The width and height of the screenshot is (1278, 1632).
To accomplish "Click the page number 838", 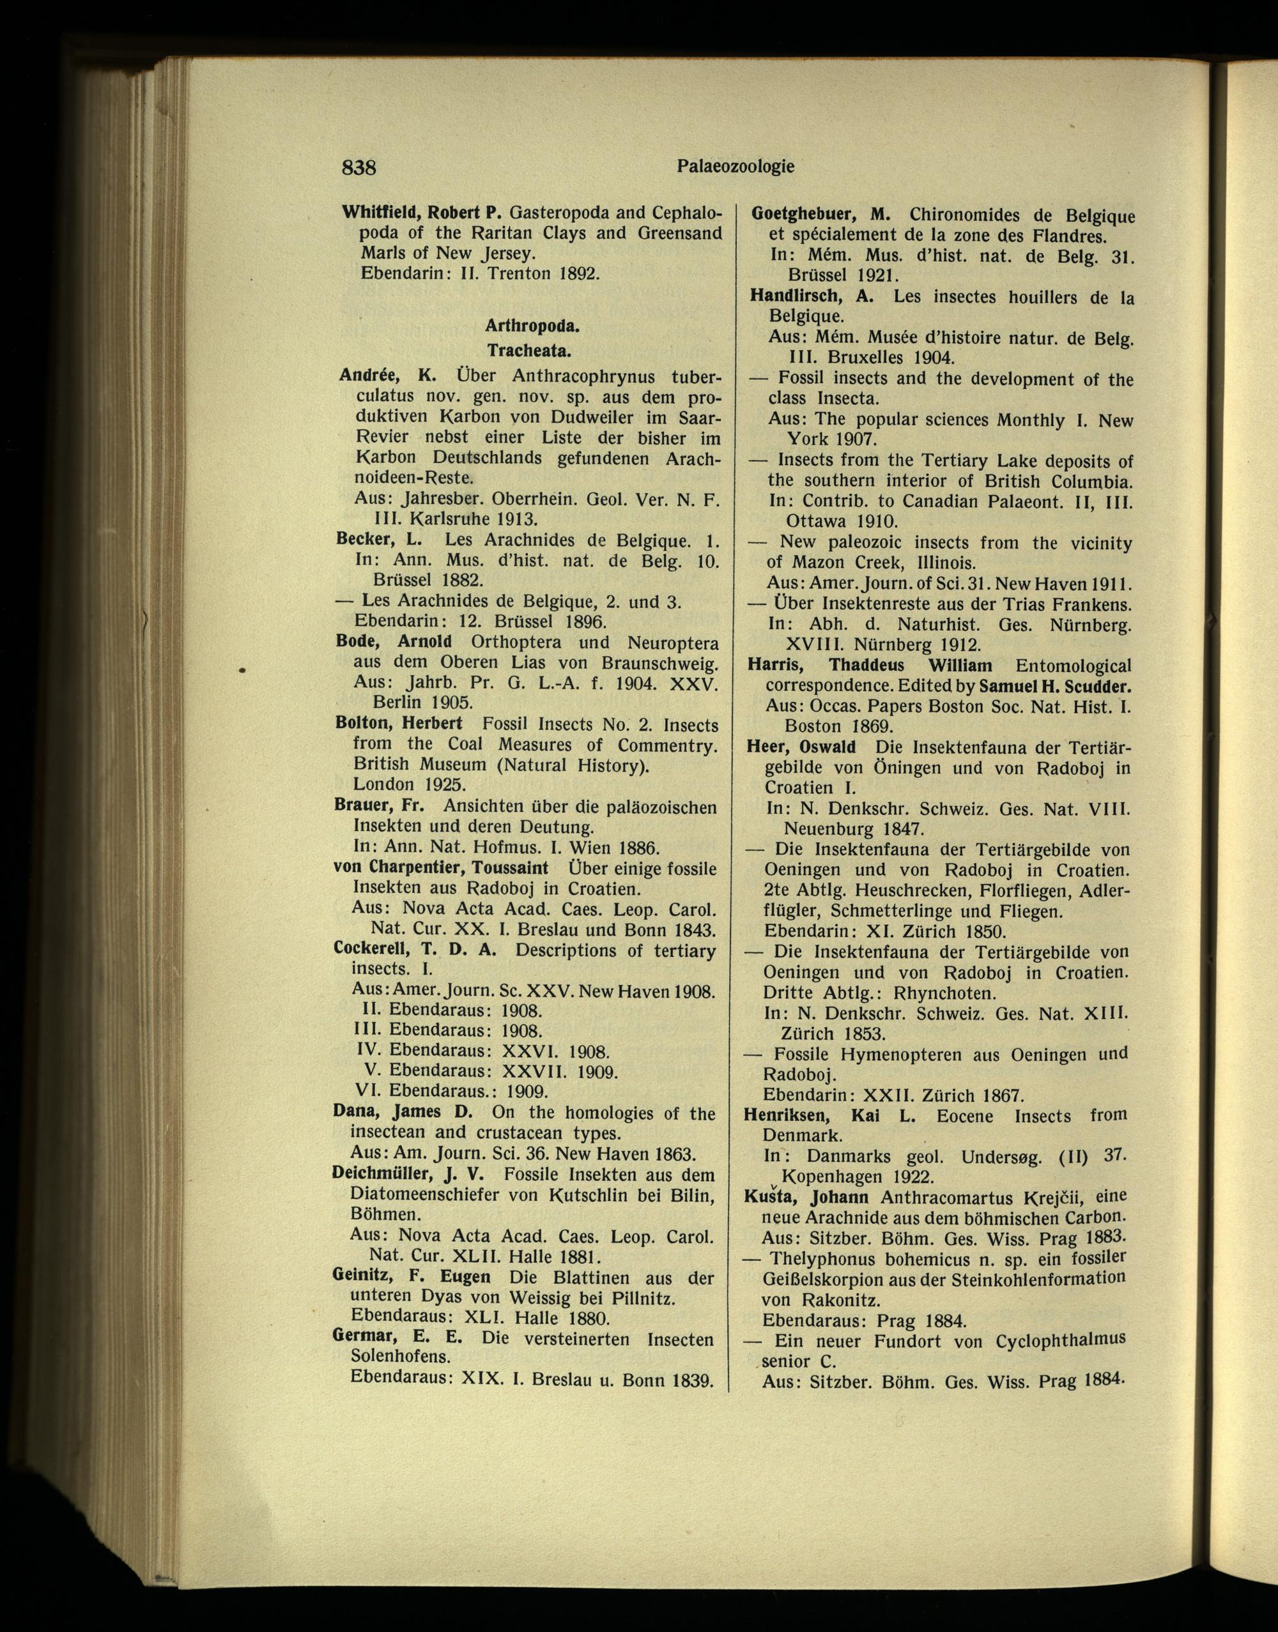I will (x=358, y=167).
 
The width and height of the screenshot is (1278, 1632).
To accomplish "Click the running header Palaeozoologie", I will (x=735, y=167).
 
